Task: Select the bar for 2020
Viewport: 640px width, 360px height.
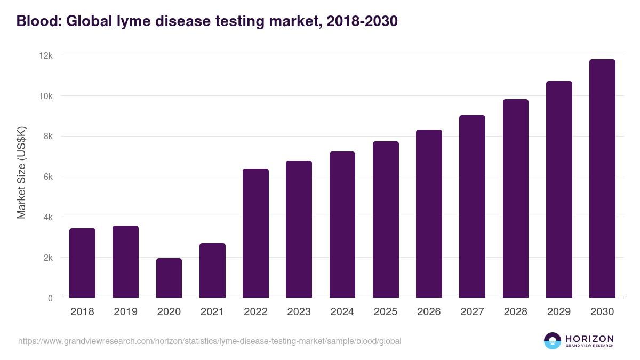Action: click(x=169, y=278)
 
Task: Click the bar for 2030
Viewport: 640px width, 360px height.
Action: click(x=602, y=179)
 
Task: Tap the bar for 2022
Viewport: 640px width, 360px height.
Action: click(x=255, y=233)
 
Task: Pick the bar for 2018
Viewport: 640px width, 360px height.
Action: click(x=82, y=263)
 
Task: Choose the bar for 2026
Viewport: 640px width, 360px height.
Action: click(x=429, y=213)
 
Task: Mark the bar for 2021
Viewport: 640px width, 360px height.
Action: click(x=212, y=270)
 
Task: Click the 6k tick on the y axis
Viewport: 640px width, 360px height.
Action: click(x=48, y=177)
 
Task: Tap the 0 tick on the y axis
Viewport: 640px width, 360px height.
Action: click(x=50, y=298)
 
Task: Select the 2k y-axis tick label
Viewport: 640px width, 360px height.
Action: click(x=48, y=258)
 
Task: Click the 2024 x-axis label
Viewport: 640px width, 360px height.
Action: click(x=342, y=312)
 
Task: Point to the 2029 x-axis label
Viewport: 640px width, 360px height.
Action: click(x=559, y=312)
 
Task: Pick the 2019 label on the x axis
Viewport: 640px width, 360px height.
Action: click(x=125, y=312)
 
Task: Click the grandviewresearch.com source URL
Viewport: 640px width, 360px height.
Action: click(x=210, y=341)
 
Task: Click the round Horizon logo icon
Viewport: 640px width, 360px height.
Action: click(x=553, y=341)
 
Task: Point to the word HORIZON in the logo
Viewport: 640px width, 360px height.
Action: click(x=589, y=338)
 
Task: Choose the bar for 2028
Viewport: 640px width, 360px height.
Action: click(x=516, y=198)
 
